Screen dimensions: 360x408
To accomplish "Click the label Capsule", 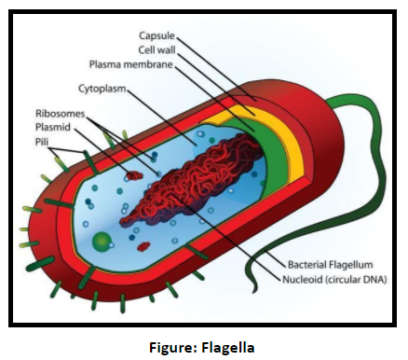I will point(155,35).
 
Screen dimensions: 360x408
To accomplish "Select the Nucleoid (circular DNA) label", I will point(337,278).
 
